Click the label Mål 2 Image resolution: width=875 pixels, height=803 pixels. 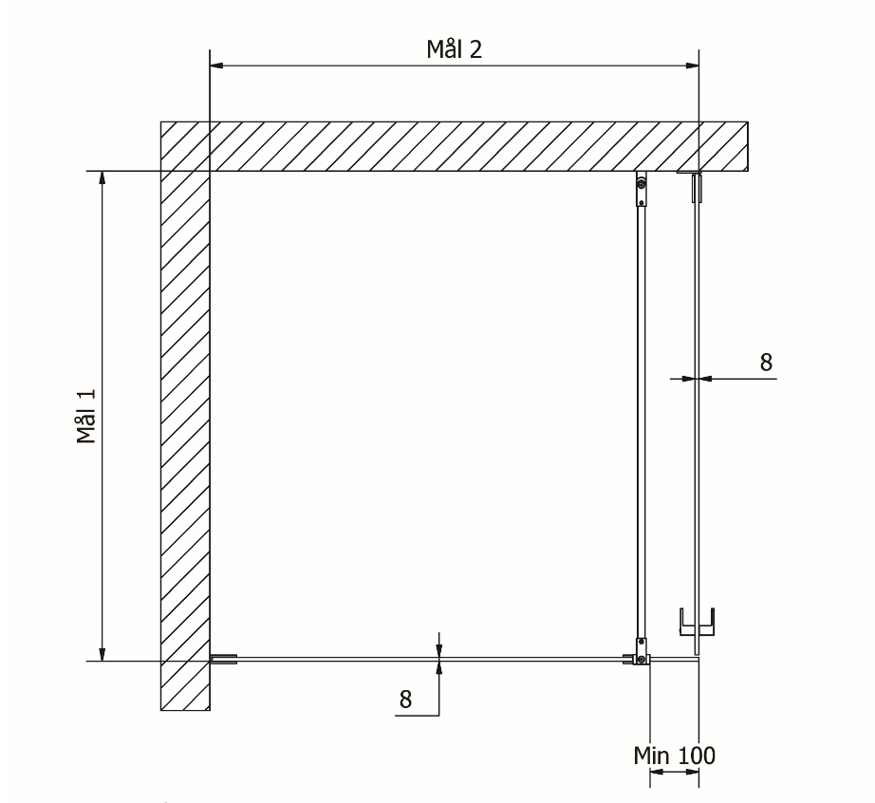[x=454, y=49]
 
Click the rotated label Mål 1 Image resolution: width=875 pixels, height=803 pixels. [x=86, y=417]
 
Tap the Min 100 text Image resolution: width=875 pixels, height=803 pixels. [x=674, y=756]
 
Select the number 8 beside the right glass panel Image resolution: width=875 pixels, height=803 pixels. [x=766, y=363]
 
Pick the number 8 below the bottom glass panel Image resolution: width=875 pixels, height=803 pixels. [x=405, y=699]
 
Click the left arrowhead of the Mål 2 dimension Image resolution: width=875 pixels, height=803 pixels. [x=216, y=65]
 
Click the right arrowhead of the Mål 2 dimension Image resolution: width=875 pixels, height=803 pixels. [x=692, y=65]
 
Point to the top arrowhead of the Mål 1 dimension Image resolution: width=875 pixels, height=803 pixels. [x=102, y=177]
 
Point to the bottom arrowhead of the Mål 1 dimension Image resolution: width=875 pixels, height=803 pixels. [x=102, y=654]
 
